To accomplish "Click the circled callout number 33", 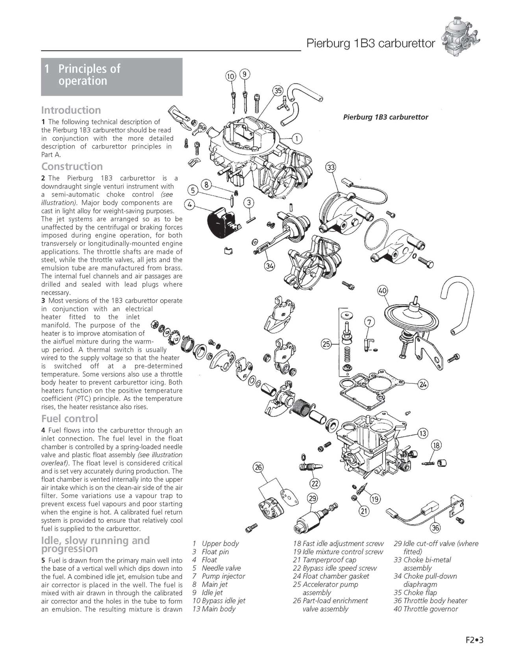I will tap(331, 168).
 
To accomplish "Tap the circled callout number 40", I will tap(382, 291).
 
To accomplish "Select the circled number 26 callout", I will tap(258, 468).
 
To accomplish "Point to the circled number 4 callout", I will tap(190, 204).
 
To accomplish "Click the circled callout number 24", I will tap(422, 385).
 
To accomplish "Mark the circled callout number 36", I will tap(435, 528).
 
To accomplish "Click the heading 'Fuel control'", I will tap(70, 418).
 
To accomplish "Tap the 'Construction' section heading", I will tap(72, 166).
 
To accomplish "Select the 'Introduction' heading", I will tap(71, 110).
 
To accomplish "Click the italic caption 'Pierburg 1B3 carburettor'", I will tap(385, 117).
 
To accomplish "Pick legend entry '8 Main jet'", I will tap(210, 584).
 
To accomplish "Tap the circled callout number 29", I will tap(312, 499).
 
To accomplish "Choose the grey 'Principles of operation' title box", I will tap(111, 77).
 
